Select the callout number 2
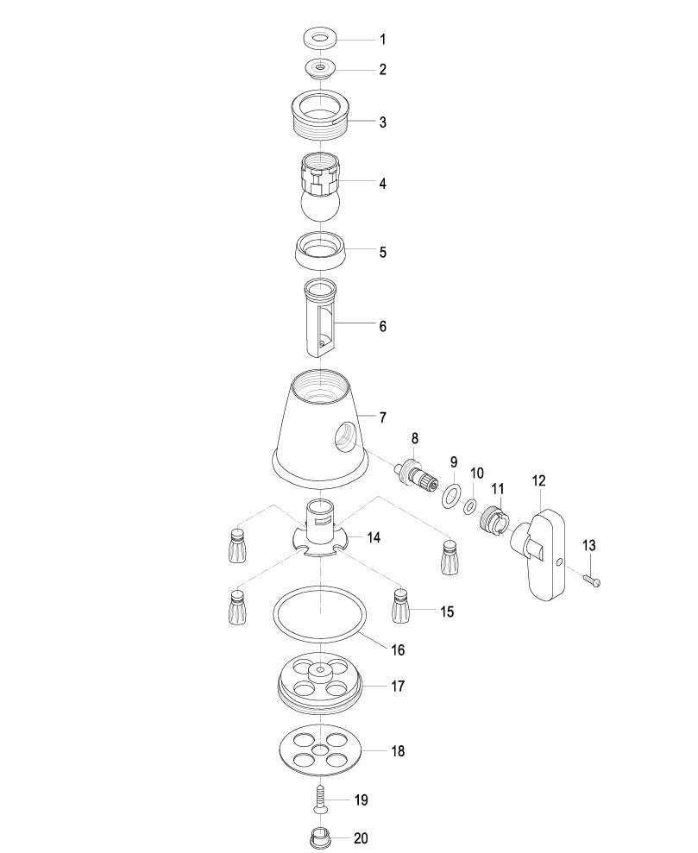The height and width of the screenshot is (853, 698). pos(383,70)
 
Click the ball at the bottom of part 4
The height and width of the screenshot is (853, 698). pos(320,206)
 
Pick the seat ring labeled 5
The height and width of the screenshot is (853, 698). pos(320,250)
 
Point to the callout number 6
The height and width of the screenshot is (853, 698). pos(383,326)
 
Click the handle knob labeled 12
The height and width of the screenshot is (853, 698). pos(540,554)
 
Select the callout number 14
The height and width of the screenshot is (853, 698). pos(374,538)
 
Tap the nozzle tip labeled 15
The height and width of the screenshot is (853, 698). pos(401,605)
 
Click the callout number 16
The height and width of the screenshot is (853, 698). pos(398,650)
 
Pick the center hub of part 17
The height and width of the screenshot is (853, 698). pos(320,673)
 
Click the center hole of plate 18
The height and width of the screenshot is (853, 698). pos(320,750)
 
